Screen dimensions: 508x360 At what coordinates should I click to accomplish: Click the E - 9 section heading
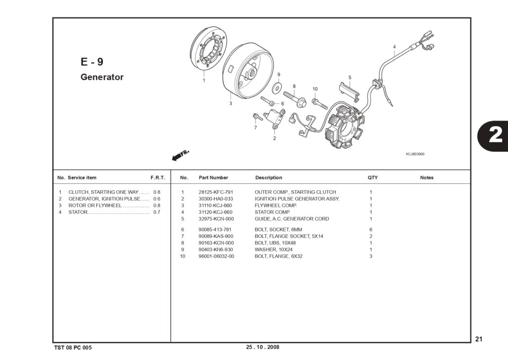pos(92,62)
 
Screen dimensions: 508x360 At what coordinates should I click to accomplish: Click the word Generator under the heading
pos(102,77)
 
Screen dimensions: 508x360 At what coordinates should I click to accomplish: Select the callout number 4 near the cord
pos(394,47)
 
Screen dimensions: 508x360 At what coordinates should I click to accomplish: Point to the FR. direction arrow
pos(180,155)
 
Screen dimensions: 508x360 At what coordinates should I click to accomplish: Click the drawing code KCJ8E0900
pos(415,154)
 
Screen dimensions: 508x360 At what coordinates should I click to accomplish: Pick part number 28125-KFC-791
pos(216,192)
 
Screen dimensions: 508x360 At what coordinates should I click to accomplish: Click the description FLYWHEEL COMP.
pos(276,205)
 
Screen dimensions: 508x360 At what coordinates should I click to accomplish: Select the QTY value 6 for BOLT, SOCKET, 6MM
pos(371,229)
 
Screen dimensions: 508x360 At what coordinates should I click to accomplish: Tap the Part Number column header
pos(213,178)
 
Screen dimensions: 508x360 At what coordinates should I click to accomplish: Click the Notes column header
pos(427,178)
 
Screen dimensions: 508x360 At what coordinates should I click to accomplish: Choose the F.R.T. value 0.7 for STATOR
pos(157,212)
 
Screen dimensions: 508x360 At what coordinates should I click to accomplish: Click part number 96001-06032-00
pos(216,256)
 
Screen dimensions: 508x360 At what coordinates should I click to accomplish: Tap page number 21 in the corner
pos(479,339)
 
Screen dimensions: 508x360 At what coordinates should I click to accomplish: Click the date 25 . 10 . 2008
pos(262,347)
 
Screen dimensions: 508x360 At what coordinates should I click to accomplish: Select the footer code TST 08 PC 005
pos(73,348)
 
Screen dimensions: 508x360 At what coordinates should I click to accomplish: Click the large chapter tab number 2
pos(496,135)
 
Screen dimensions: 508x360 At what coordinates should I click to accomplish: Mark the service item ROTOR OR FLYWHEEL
pos(95,206)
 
